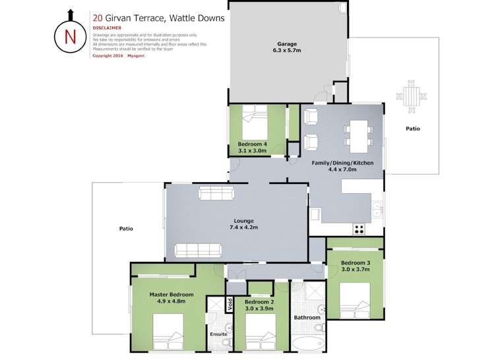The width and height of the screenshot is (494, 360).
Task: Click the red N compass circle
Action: pos(70,36)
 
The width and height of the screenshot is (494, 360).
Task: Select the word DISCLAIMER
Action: pos(106,28)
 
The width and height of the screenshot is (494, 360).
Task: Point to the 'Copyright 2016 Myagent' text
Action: pos(118,56)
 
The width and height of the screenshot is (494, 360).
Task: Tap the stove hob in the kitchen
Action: pos(360,229)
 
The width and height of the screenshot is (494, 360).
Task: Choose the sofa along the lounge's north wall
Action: pos(216,193)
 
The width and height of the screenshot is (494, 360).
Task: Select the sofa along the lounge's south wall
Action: pos(198,250)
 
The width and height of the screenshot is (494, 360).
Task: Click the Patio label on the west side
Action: pos(126,229)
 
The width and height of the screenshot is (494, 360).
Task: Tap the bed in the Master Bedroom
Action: pos(168,332)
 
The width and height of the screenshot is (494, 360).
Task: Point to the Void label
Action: pos(230,305)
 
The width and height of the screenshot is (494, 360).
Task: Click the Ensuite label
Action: pos(218,334)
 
